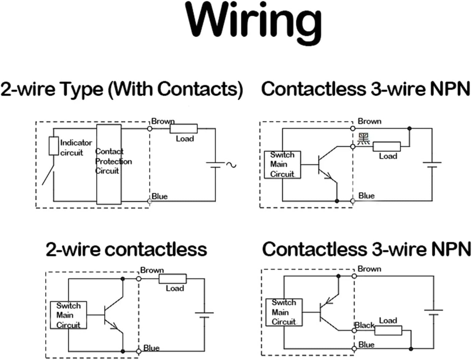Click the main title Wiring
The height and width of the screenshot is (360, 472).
click(x=253, y=21)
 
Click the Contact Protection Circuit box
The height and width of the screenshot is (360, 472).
click(x=109, y=164)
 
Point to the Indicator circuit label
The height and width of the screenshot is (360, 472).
click(x=76, y=148)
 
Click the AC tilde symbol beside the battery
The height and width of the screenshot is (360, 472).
click(x=231, y=165)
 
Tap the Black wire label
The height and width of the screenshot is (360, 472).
click(x=364, y=325)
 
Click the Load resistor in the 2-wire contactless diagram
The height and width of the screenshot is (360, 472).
click(x=172, y=279)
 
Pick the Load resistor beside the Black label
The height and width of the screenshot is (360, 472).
click(x=388, y=330)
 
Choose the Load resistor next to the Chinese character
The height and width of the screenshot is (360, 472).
click(x=387, y=147)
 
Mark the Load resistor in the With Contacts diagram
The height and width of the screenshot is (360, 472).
click(x=183, y=128)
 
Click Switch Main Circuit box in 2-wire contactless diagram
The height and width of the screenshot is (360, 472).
click(x=68, y=315)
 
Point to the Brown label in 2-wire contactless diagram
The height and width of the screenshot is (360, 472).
click(x=152, y=270)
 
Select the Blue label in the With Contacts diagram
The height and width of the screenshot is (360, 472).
click(x=160, y=196)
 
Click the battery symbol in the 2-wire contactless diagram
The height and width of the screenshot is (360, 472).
click(x=204, y=315)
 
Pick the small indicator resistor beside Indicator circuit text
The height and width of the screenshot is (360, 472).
click(x=54, y=146)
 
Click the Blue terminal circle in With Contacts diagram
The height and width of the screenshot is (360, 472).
click(x=150, y=201)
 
